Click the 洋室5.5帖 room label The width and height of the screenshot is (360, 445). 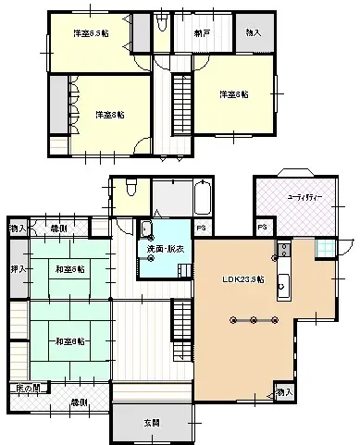pyautogui.click(x=91, y=33)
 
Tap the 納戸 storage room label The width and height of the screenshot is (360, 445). pyautogui.click(x=201, y=33)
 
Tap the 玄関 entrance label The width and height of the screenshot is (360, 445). pyautogui.click(x=151, y=423)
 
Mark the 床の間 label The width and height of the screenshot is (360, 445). pyautogui.click(x=27, y=389)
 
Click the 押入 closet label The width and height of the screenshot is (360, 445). pyautogui.click(x=18, y=268)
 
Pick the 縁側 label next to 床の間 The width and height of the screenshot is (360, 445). pyautogui.click(x=81, y=402)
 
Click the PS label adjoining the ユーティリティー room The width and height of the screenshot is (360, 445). pyautogui.click(x=263, y=227)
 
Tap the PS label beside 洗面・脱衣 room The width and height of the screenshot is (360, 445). pyautogui.click(x=202, y=227)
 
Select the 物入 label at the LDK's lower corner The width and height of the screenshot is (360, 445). pyautogui.click(x=285, y=393)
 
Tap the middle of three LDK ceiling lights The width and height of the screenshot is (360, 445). pyautogui.click(x=252, y=321)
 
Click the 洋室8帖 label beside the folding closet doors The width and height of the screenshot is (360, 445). pyautogui.click(x=110, y=115)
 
